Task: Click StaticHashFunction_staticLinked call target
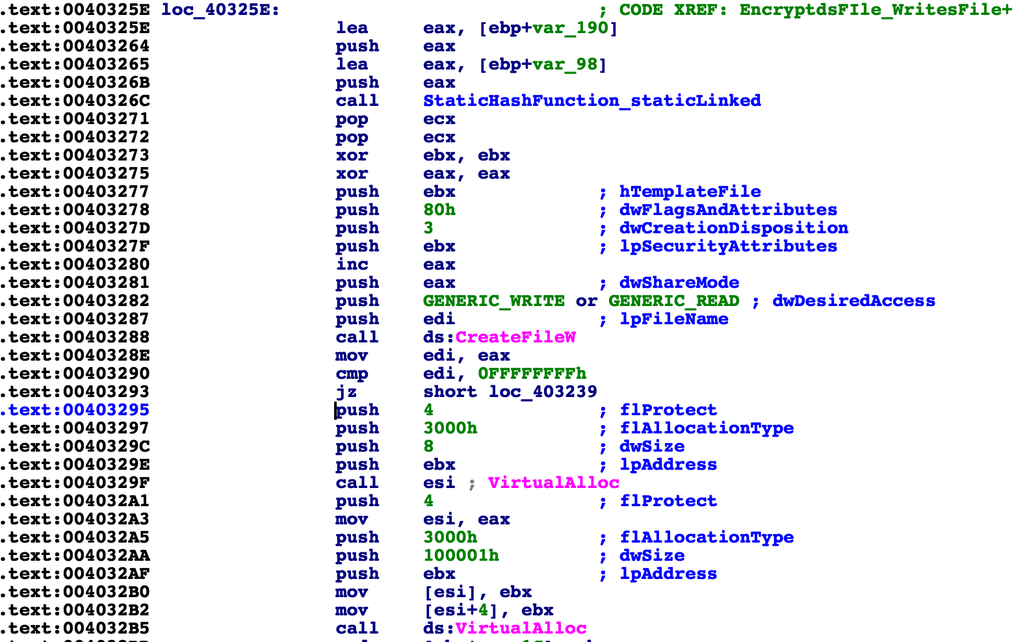click(x=591, y=101)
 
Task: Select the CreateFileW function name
click(x=515, y=337)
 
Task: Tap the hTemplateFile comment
click(x=690, y=192)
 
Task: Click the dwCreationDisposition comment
click(x=733, y=228)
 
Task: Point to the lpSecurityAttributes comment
click(x=728, y=246)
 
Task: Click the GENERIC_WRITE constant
click(x=493, y=301)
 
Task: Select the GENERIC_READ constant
click(x=673, y=301)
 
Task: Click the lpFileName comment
click(x=673, y=319)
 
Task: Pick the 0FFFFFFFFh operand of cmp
click(x=532, y=374)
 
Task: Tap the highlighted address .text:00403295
click(x=75, y=410)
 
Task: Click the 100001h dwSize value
click(x=461, y=556)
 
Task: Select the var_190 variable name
click(x=570, y=28)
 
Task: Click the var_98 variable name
click(x=565, y=64)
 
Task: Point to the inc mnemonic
click(x=352, y=264)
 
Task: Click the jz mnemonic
click(x=346, y=392)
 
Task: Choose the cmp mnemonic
click(x=352, y=374)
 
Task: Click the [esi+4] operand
click(x=461, y=610)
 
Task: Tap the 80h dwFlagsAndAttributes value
click(x=439, y=210)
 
